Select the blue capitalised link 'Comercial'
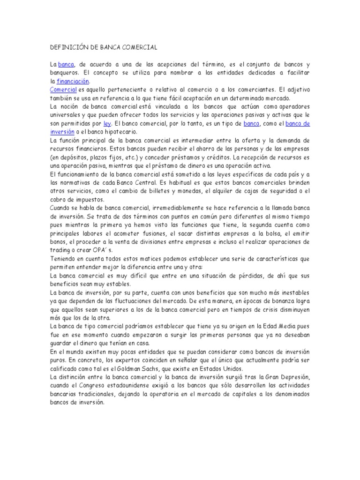click(63, 90)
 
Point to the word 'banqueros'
click(65, 73)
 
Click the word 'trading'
click(60, 250)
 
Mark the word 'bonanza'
click(267, 301)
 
